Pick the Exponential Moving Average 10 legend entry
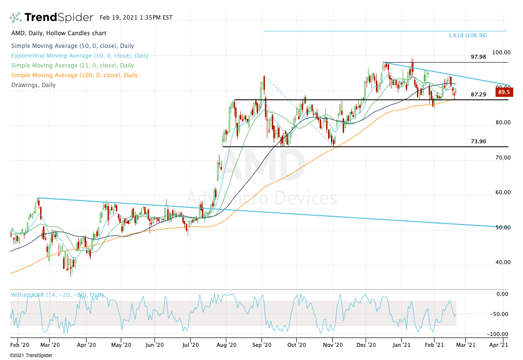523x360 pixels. pyautogui.click(x=79, y=56)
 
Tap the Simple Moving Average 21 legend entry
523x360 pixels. pyautogui.click(x=72, y=66)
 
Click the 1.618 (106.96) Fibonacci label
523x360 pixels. pyautogui.click(x=468, y=35)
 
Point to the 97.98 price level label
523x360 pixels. pyautogui.click(x=479, y=57)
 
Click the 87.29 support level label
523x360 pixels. pyautogui.click(x=479, y=94)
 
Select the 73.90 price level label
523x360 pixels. pyautogui.click(x=479, y=141)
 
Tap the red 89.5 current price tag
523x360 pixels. pyautogui.click(x=503, y=92)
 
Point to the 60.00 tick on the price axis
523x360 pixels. pyautogui.click(x=501, y=192)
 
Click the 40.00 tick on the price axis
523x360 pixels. pyautogui.click(x=501, y=262)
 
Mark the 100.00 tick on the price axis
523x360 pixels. pyautogui.click(x=501, y=52)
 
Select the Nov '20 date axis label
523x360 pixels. pyautogui.click(x=332, y=344)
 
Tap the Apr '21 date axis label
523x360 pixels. pyautogui.click(x=498, y=344)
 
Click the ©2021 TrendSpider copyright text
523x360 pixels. pyautogui.click(x=31, y=355)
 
